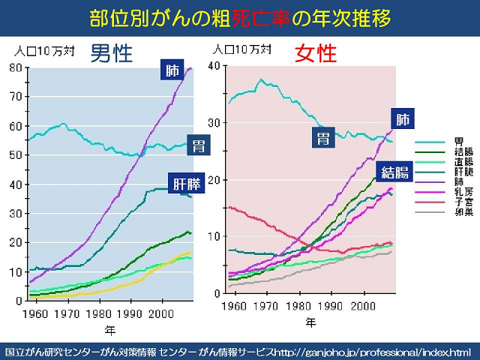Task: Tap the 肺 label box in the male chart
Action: [172, 72]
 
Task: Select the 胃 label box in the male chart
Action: [198, 145]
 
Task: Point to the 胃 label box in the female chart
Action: [323, 138]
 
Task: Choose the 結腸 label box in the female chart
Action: [395, 172]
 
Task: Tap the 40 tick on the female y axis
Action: [215, 66]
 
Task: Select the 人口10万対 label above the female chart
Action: [235, 49]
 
